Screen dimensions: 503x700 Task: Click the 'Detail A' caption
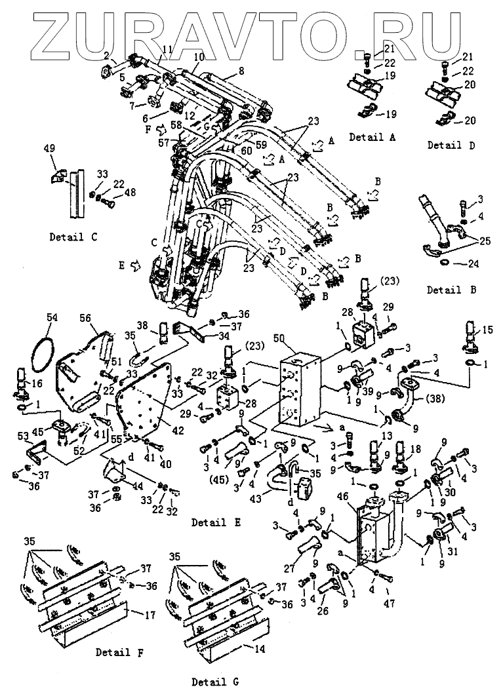pos(372,137)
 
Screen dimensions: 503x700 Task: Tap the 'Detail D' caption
pos(451,145)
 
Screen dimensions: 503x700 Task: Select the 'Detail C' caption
pos(73,237)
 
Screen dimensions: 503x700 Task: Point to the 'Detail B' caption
pos(451,290)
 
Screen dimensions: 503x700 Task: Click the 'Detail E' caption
pos(216,522)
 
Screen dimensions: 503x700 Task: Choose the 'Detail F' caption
pos(120,652)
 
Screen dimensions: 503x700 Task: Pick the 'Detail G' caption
pos(215,682)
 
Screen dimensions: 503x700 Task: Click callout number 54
pos(52,317)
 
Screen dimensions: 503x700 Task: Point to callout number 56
pos(85,318)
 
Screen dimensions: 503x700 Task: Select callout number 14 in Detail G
pos(259,648)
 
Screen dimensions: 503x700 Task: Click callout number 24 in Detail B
pos(473,264)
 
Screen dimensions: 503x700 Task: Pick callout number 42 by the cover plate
pos(178,431)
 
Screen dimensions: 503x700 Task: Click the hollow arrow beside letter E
pos(135,267)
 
